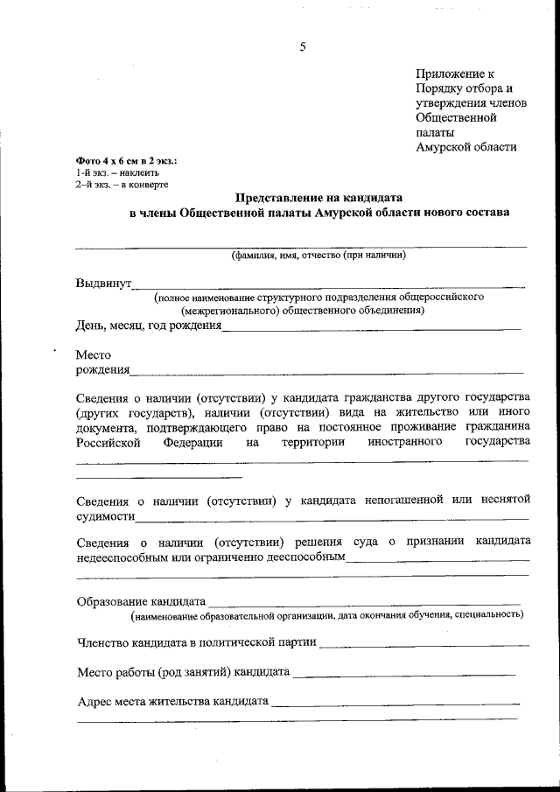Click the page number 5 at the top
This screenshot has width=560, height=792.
(303, 47)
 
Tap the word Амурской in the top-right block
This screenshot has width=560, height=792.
(449, 146)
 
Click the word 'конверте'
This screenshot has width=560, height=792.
(148, 185)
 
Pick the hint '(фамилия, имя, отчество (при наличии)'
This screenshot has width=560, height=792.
(318, 256)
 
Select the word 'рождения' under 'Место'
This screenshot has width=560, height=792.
(102, 370)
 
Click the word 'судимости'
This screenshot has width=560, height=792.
(105, 516)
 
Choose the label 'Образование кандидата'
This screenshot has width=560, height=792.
(141, 602)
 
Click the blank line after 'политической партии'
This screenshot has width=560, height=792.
(424, 645)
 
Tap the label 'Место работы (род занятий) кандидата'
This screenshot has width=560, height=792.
(183, 673)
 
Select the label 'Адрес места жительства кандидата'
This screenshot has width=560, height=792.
(172, 701)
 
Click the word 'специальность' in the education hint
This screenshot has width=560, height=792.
(487, 615)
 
